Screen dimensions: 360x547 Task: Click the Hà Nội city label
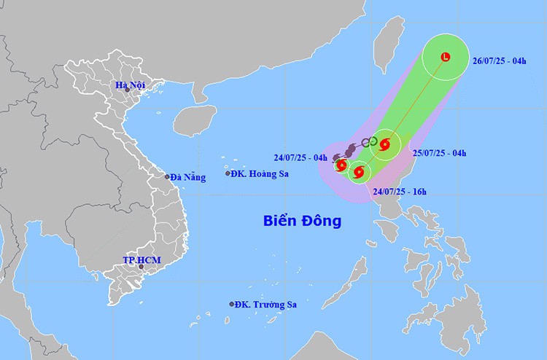pos(131,85)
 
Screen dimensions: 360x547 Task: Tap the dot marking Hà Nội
pos(127,90)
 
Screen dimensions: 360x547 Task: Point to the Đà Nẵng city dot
pos(167,176)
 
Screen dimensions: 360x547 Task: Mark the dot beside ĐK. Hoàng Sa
pos(228,173)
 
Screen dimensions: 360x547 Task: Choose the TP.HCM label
pos(141,260)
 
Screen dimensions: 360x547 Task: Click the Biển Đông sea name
pos(302,219)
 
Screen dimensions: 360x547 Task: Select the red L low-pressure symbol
pos(446,58)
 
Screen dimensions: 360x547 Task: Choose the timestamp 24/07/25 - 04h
pos(300,157)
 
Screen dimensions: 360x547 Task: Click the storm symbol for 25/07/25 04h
pos(385,144)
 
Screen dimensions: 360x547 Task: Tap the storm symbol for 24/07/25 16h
pos(358,173)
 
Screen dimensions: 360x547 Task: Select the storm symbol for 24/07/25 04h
pos(341,165)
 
